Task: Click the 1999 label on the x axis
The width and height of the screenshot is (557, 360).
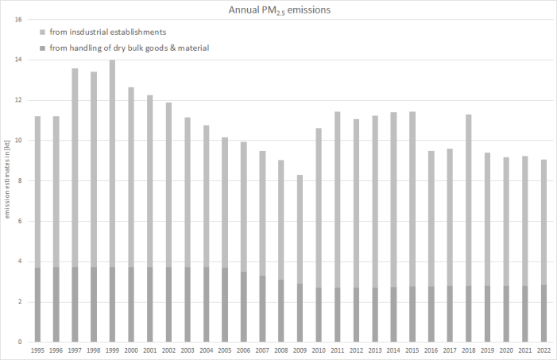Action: pos(112,350)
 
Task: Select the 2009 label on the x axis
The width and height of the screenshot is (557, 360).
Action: pos(300,350)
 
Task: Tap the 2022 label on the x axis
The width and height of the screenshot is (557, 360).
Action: pos(543,350)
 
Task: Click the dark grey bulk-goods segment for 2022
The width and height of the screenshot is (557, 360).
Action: pos(543,313)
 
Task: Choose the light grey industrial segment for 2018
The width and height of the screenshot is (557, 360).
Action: pos(468,199)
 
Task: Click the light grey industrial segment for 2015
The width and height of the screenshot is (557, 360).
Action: pos(412,199)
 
